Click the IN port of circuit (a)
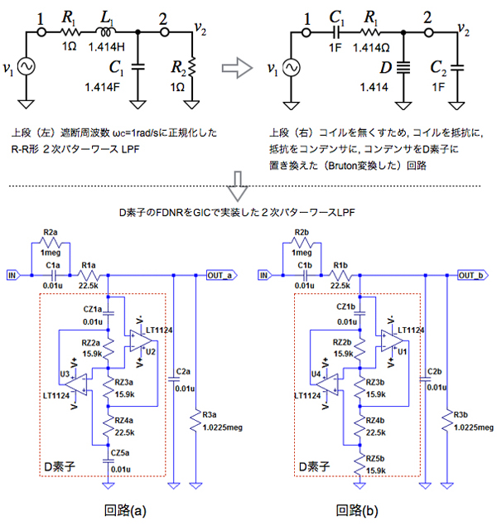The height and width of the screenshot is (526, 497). click(13, 273)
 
